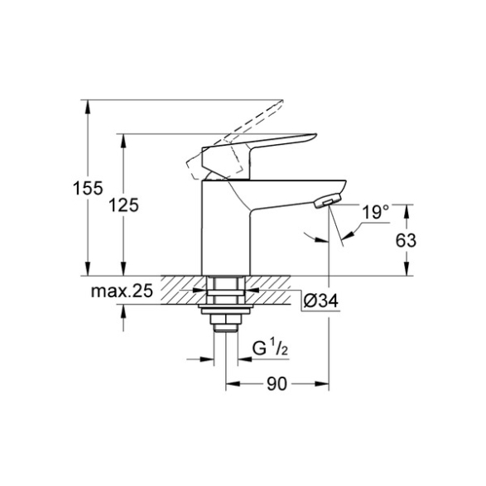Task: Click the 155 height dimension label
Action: [x=88, y=188]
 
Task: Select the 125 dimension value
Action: [x=123, y=205]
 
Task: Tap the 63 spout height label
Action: [x=406, y=240]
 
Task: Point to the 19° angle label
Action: [x=375, y=212]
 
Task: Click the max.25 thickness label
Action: [x=122, y=291]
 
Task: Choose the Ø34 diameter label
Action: [x=320, y=301]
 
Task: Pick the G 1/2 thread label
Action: [x=271, y=348]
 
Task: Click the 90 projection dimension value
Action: [x=277, y=384]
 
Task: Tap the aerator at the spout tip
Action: [x=327, y=200]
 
